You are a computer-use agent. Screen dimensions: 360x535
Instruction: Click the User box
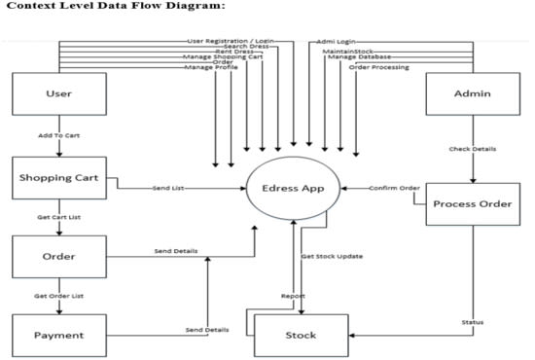coord(58,93)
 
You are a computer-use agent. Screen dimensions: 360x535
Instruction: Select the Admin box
coord(472,93)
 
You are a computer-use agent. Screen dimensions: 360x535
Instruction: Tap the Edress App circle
coord(293,187)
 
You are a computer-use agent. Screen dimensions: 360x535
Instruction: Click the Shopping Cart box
coord(58,178)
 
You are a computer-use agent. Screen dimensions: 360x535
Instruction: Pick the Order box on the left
coord(58,257)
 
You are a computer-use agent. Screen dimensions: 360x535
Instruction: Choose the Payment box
coord(58,335)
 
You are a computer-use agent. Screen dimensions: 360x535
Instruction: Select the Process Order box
coord(472,203)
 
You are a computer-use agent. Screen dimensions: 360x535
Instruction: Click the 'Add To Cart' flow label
coord(58,136)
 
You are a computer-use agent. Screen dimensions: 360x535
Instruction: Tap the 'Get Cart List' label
coord(58,217)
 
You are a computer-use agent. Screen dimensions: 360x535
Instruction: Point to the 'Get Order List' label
coord(58,296)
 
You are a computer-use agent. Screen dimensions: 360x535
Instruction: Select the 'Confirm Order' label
coord(394,188)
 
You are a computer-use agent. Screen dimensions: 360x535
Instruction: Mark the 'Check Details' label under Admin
coord(473,149)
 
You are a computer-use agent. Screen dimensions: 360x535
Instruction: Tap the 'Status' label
coord(473,322)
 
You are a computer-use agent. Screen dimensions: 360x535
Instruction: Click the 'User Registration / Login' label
coord(231,41)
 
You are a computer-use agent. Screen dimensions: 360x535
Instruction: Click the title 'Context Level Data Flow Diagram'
coord(113,8)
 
